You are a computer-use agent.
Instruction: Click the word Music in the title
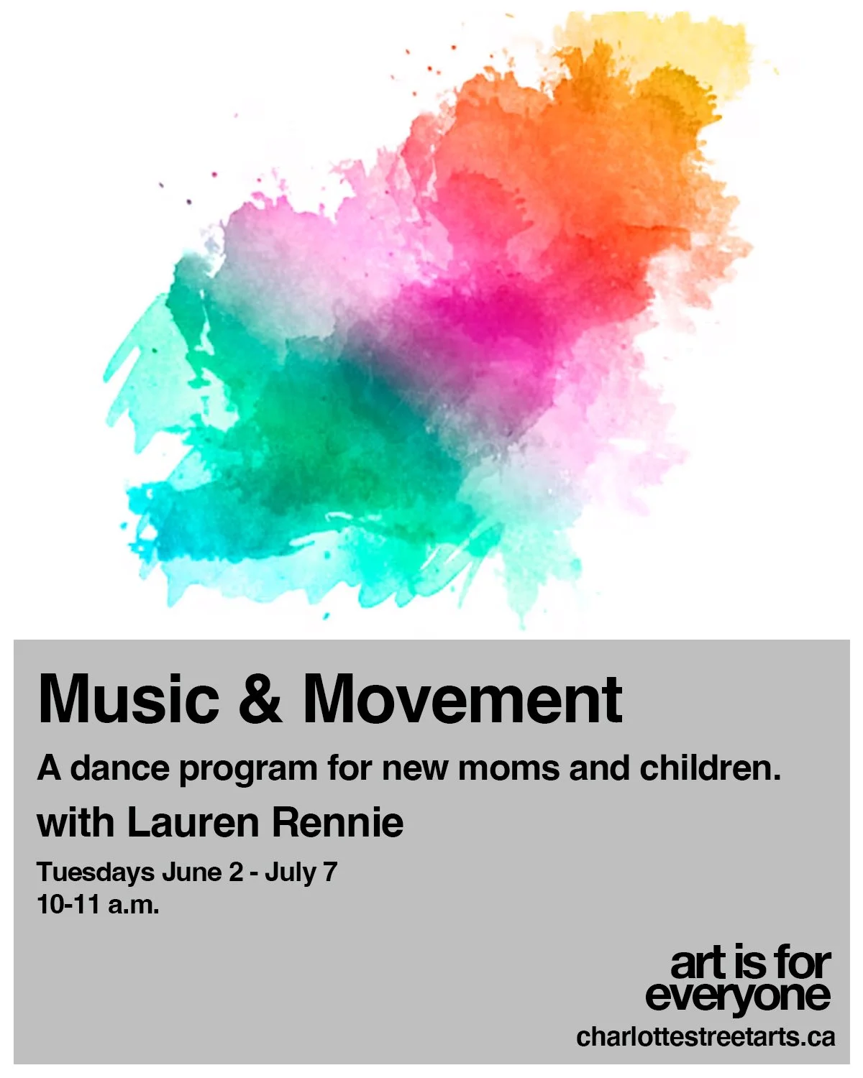tap(128, 699)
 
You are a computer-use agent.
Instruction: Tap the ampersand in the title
tap(260, 699)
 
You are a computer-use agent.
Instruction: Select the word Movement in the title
tap(462, 699)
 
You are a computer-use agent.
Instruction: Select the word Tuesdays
tap(96, 872)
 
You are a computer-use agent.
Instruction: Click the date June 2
tap(202, 872)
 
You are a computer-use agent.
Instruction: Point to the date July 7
tap(301, 872)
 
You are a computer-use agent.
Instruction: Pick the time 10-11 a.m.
tap(98, 905)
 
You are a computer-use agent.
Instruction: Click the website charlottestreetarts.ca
tap(706, 1036)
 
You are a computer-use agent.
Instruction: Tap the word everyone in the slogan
tap(738, 996)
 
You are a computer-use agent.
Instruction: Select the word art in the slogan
tap(695, 964)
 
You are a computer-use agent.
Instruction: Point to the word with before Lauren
tap(76, 822)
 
